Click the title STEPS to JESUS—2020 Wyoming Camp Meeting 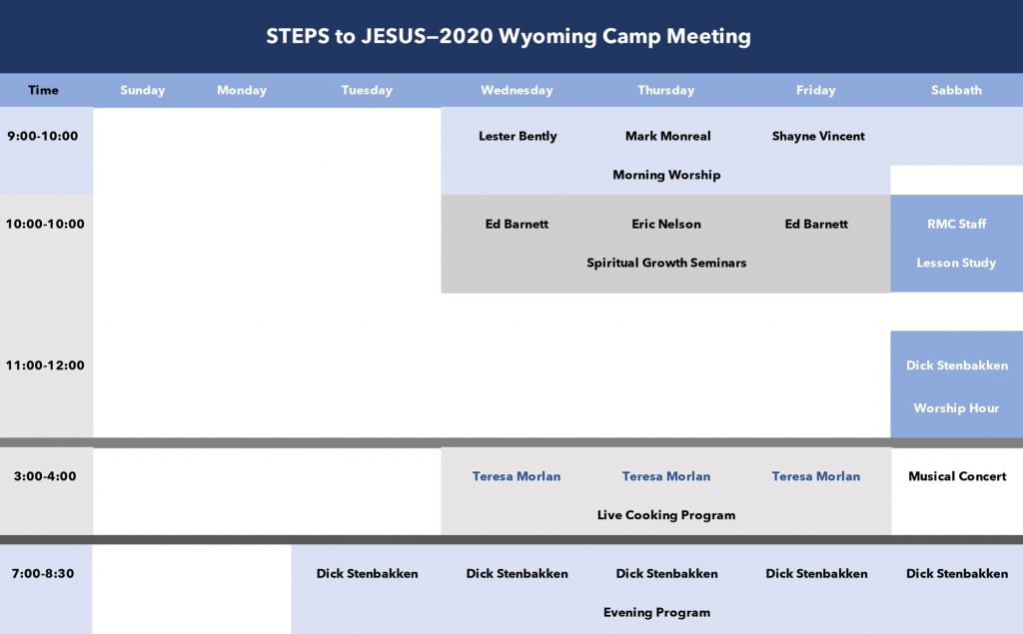coord(509,37)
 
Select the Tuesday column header coord(367,91)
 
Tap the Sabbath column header coord(956,90)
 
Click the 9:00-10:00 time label coord(42,136)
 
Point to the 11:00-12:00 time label coord(45,365)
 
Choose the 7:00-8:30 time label coord(43,573)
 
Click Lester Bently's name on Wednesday coord(517,137)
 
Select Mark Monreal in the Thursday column coord(668,136)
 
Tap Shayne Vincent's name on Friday coord(818,137)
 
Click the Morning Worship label coord(666,175)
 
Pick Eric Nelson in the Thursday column coord(666,224)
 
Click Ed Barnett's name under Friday coord(816,224)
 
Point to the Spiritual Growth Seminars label coord(666,263)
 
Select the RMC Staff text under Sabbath coord(956,224)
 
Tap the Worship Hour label coord(956,408)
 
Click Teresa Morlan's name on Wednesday coord(516,476)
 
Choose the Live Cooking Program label coord(666,515)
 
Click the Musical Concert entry coord(957,476)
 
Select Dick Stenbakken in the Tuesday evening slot coord(367,573)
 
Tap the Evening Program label coord(656,612)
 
